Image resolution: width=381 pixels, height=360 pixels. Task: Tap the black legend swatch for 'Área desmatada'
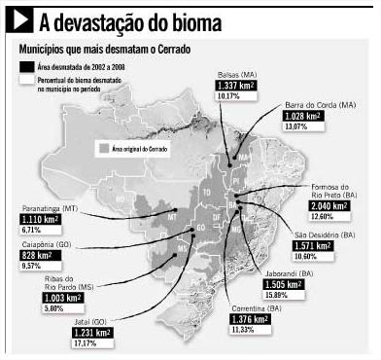[x=28, y=62]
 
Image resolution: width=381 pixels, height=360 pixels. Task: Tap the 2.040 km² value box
[x=329, y=207]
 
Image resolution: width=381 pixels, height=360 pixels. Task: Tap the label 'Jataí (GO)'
[x=89, y=319]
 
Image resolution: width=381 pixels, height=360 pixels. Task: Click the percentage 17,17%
[x=86, y=343]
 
